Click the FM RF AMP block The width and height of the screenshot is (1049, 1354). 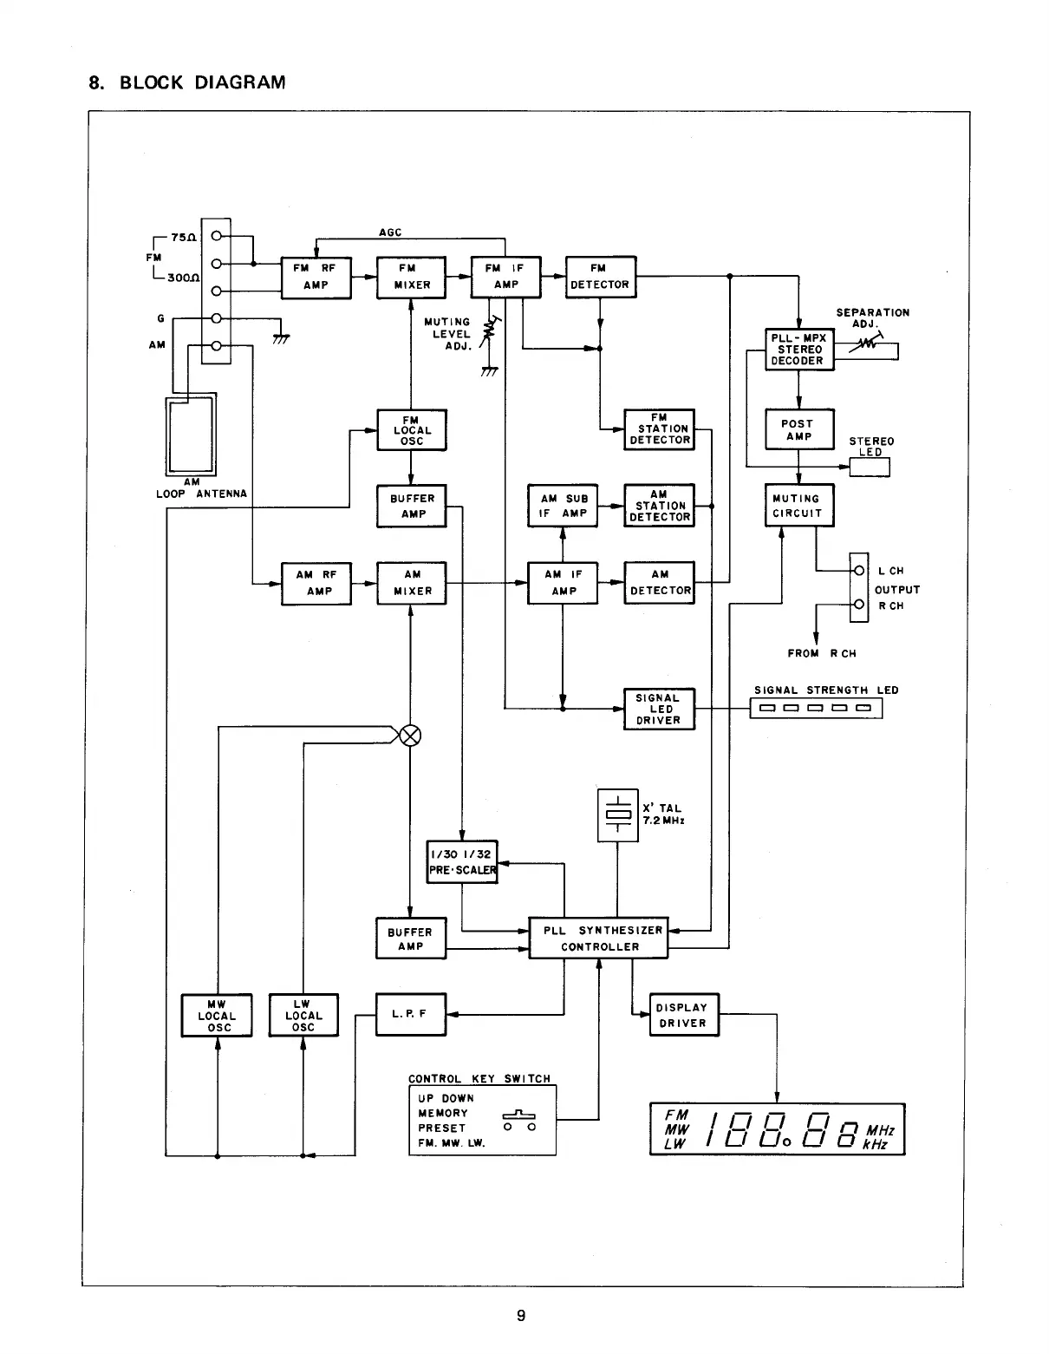tap(316, 277)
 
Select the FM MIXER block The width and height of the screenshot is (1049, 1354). tap(411, 277)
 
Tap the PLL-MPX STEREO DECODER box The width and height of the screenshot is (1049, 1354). tap(798, 350)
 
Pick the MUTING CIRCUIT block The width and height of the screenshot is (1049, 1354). tap(798, 506)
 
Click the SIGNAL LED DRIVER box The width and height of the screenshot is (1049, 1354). tap(659, 709)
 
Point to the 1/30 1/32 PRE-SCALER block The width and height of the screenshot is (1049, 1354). tap(462, 861)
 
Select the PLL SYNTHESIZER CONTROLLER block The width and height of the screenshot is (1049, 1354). tap(598, 938)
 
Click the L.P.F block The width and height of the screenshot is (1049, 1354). tap(411, 1014)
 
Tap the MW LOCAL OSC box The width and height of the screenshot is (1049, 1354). tap(217, 1015)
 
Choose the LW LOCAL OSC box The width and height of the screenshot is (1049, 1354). tap(303, 1015)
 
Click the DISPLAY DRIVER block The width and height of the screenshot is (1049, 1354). tap(684, 1015)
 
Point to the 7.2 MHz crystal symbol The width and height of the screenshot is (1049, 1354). tap(617, 814)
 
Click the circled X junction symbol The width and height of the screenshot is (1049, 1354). tap(411, 736)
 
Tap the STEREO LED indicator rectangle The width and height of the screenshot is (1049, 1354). tap(870, 467)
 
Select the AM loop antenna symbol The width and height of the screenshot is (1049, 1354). tap(192, 434)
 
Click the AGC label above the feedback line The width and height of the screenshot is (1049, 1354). tap(390, 232)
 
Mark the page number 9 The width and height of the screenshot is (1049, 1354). tap(521, 1316)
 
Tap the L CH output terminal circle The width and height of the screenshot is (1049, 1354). tap(859, 571)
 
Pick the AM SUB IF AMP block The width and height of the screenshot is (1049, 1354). tap(564, 506)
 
